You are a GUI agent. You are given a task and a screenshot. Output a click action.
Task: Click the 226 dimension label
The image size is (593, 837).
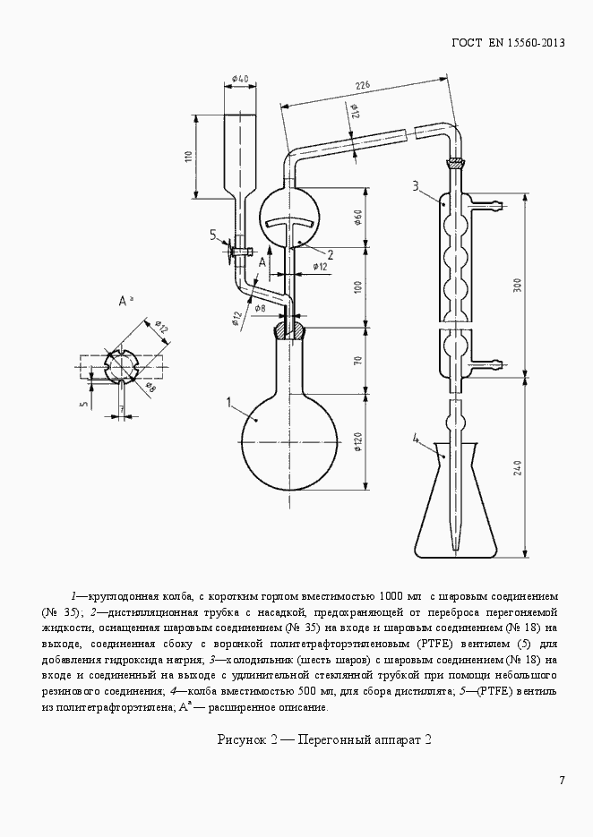pos(363,85)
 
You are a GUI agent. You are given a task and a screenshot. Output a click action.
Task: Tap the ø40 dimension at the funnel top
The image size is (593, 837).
pos(240,79)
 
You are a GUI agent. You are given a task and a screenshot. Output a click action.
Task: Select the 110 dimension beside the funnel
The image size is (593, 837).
pos(187,157)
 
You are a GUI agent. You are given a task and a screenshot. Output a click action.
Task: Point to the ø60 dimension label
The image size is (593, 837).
pos(358,217)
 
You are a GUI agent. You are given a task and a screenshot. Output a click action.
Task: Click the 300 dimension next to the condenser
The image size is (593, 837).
pos(517,285)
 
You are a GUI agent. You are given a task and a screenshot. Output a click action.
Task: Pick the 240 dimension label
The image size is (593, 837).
pos(517,467)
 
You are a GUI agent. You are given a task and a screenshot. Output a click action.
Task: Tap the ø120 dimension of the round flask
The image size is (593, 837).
pos(358,442)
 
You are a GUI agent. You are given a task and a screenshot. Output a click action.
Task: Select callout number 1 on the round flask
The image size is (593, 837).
pos(229,402)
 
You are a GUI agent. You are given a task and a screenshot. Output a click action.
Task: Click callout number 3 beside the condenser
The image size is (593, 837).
pos(415,186)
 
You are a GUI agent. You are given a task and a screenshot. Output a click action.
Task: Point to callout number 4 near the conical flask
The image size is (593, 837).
pos(417,439)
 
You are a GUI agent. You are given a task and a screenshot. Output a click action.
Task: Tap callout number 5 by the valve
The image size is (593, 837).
pos(212,235)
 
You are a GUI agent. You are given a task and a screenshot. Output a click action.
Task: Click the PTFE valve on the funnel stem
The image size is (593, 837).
pos(239,249)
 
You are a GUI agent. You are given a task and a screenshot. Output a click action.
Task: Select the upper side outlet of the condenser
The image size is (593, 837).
pos(487,203)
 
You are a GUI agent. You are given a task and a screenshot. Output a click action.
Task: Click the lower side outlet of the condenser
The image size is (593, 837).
pos(487,365)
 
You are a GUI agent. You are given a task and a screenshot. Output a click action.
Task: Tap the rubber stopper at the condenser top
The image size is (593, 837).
pos(456,163)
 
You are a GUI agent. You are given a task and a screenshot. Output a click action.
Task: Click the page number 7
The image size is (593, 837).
pos(562,781)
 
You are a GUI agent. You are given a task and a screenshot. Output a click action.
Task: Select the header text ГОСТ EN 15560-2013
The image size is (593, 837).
pos(508,42)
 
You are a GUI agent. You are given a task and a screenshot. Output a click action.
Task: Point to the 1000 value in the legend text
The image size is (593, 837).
pos(391,595)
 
